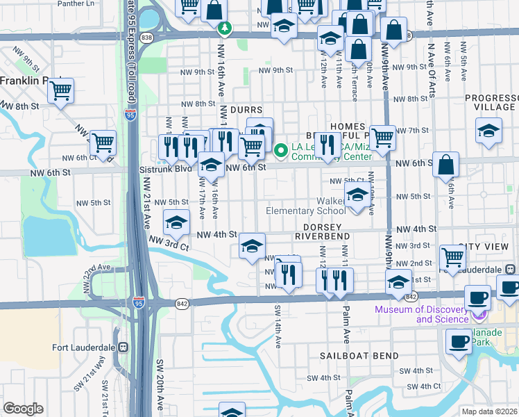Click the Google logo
tap(24, 409)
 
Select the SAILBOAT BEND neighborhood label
tap(359, 356)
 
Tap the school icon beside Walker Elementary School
tap(357, 196)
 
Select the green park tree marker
tap(224, 29)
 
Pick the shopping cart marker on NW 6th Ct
tap(103, 142)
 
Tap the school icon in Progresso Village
tap(488, 130)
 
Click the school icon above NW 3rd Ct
tap(176, 222)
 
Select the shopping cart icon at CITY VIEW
tap(452, 256)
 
